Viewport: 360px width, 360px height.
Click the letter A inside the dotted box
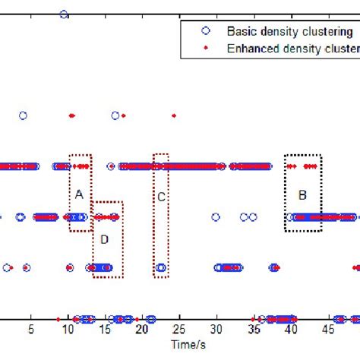point(78,194)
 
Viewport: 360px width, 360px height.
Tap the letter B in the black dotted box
point(302,194)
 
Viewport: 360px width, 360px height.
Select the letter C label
point(161,195)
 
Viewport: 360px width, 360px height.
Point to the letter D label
point(104,239)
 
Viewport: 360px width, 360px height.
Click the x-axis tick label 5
point(30,330)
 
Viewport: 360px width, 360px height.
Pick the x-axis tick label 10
point(68,330)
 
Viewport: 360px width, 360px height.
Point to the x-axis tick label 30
point(216,330)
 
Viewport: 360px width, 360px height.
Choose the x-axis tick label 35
point(254,330)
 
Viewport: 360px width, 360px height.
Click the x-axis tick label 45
point(327,330)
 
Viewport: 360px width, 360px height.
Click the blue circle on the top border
point(64,14)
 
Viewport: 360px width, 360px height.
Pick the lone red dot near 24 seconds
point(174,115)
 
